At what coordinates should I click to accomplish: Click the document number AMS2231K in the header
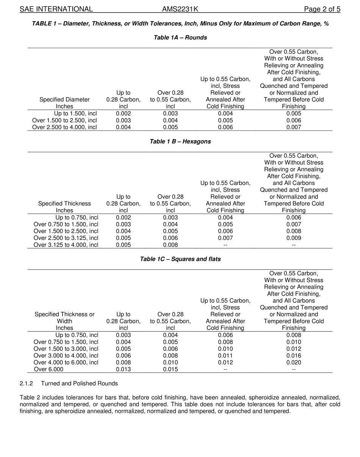pos(180,9)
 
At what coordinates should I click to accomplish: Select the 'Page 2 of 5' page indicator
pos(322,9)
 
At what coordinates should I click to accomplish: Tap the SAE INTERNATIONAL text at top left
pos(56,9)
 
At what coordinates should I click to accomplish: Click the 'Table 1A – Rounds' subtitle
pos(180,38)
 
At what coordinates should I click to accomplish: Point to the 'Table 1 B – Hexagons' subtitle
pos(180,141)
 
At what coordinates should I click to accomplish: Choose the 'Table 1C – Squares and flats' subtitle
pos(180,259)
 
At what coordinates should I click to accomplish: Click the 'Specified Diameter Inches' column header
pos(64,103)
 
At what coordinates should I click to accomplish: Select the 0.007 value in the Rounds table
pos(294,127)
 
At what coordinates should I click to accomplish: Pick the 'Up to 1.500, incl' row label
pos(75,114)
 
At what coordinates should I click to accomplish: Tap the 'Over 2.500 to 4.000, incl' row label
pos(64,127)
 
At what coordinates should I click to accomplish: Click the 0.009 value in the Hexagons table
pos(294,238)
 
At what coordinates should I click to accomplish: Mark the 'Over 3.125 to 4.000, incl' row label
pos(66,245)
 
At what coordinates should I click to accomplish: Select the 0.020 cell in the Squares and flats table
pos(294,362)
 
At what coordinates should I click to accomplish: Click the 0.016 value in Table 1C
pos(294,355)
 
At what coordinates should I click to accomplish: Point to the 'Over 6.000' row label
pos(49,369)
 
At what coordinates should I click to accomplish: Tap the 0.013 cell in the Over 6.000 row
pos(123,369)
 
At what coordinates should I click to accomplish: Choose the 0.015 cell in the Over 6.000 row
pos(171,369)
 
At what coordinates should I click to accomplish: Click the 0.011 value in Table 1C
pos(225,355)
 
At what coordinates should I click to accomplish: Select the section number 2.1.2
pos(27,383)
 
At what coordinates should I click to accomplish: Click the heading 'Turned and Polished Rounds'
pos(79,383)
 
